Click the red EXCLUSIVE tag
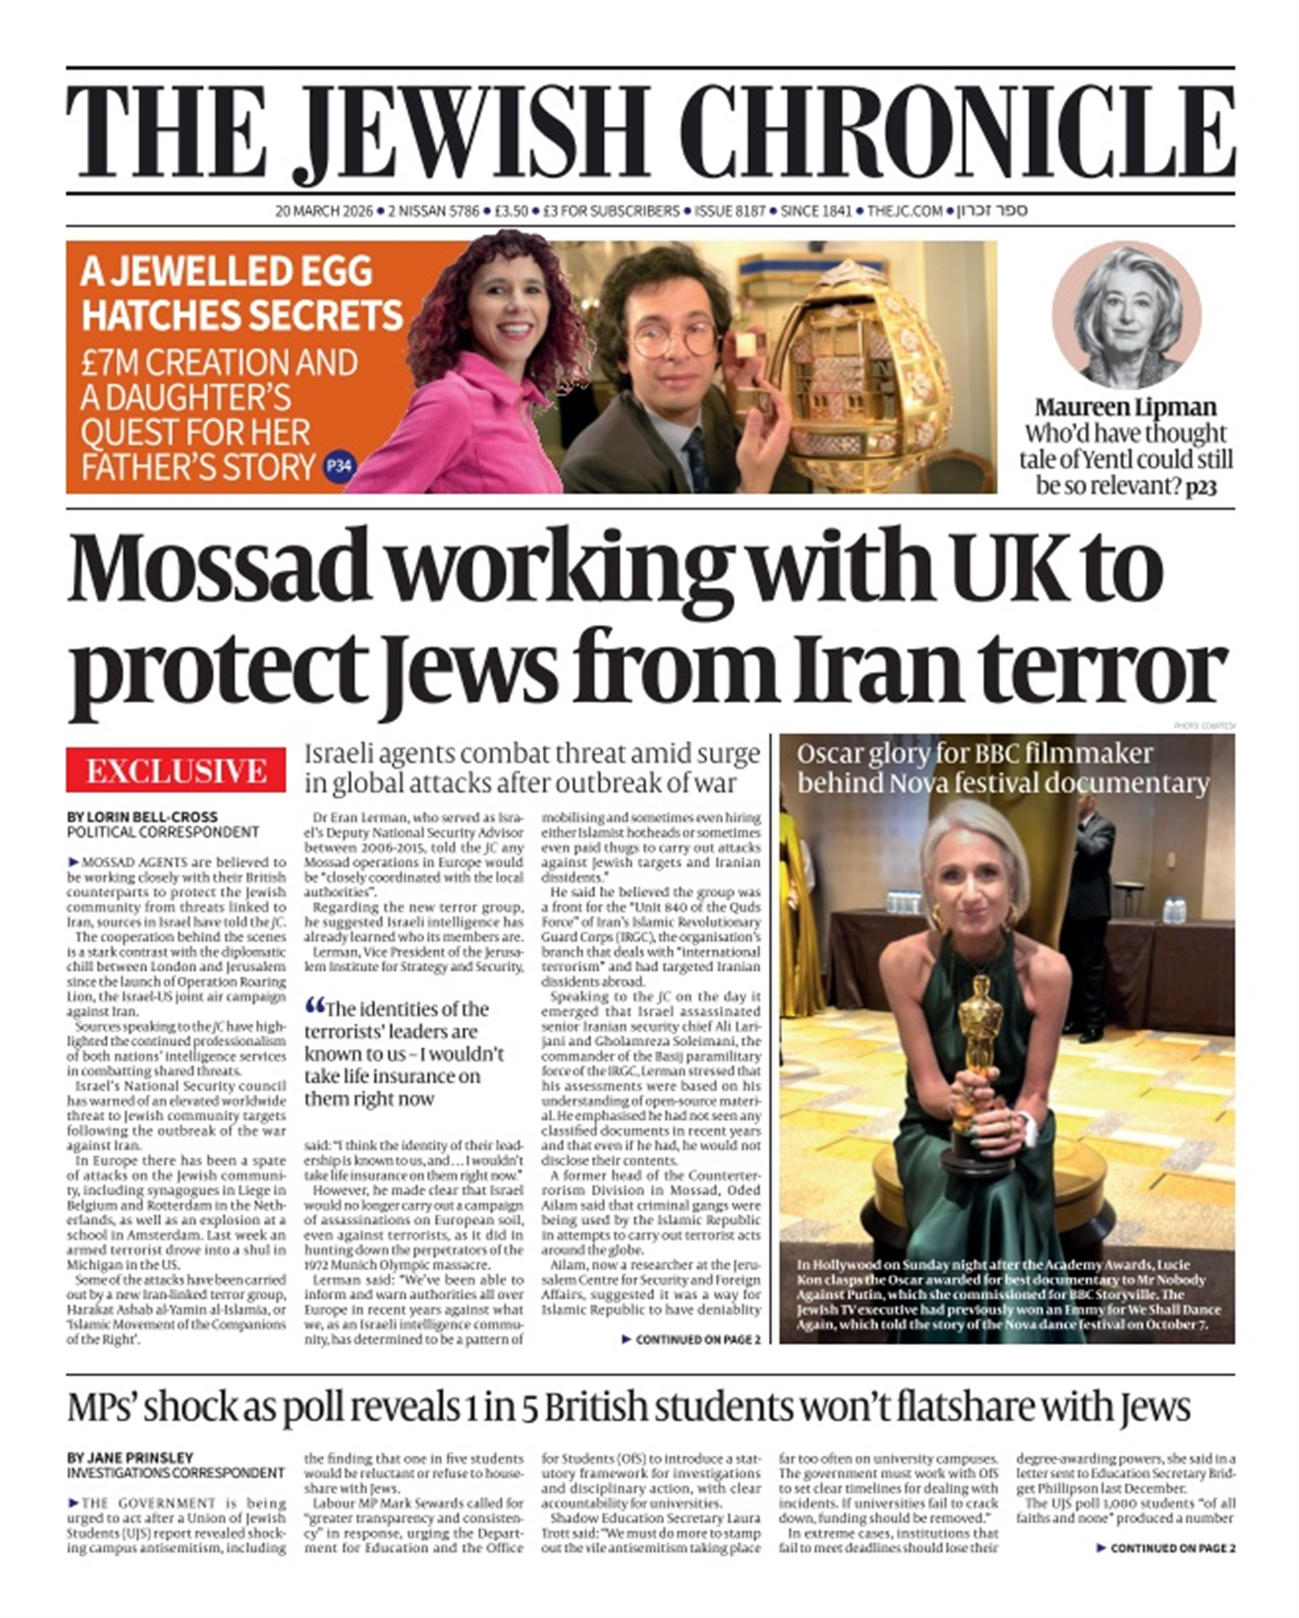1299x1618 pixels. (176, 770)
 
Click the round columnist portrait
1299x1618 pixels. (1126, 315)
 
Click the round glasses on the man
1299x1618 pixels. (674, 339)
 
